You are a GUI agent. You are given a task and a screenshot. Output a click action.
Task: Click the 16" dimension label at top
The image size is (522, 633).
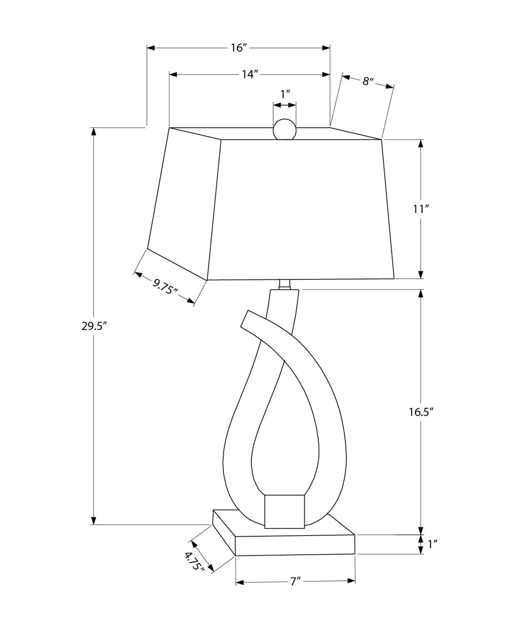tap(238, 48)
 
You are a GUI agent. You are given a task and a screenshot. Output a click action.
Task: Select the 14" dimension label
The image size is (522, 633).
tap(249, 75)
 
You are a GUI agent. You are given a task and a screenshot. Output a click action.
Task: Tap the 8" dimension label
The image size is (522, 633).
tap(367, 81)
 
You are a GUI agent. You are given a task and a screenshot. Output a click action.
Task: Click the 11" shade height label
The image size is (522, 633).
tap(421, 209)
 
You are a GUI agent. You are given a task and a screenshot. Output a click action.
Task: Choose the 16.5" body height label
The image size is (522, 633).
tap(421, 412)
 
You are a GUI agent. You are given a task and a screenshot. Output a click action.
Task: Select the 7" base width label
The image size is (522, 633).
tap(295, 581)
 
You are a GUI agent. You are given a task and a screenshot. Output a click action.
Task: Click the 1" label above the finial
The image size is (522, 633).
tap(285, 94)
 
